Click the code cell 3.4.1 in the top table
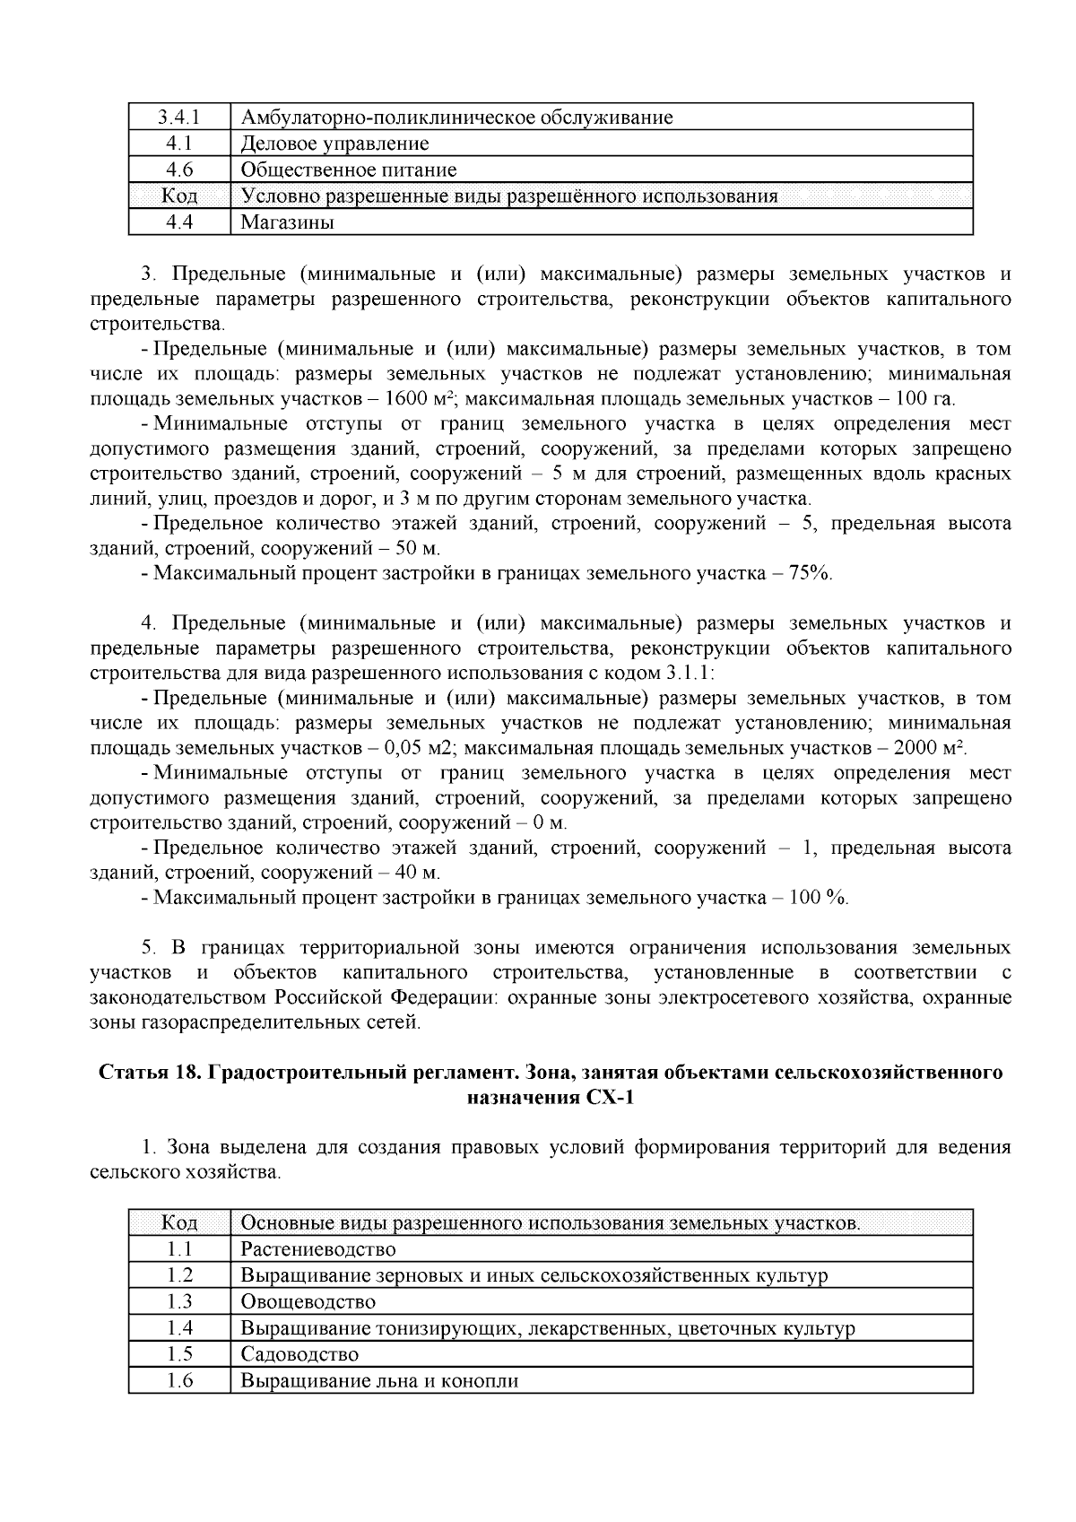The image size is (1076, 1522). tap(179, 117)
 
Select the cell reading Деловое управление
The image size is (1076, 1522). tap(334, 144)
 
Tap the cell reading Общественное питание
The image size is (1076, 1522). tap(348, 170)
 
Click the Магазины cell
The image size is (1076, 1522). tap(287, 222)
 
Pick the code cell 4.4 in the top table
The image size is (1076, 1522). tap(179, 222)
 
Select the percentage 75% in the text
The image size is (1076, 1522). tap(810, 573)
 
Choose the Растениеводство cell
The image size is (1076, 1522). tap(318, 1249)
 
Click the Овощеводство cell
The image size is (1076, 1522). tap(308, 1301)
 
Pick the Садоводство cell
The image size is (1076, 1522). tap(299, 1354)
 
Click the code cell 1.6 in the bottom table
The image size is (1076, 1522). tap(179, 1380)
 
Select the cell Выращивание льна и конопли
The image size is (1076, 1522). tap(380, 1380)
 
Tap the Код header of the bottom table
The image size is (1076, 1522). tap(179, 1223)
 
